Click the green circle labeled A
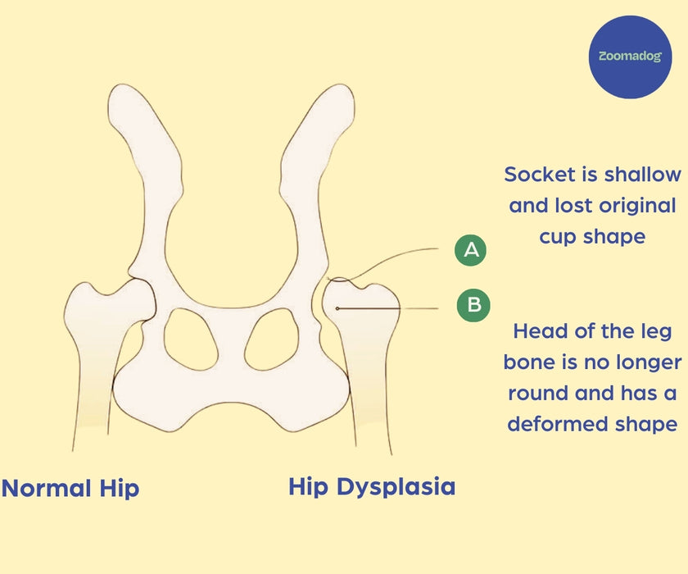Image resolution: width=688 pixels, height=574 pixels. click(471, 250)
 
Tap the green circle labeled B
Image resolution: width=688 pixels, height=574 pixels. click(474, 306)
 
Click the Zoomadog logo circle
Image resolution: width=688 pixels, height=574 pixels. click(630, 57)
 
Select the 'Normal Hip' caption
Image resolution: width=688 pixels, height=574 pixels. click(70, 489)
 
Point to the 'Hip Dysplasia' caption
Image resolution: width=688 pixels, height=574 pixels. click(372, 486)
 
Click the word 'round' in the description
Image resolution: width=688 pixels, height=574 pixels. click(538, 393)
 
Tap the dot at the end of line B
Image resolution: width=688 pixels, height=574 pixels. click(337, 307)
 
